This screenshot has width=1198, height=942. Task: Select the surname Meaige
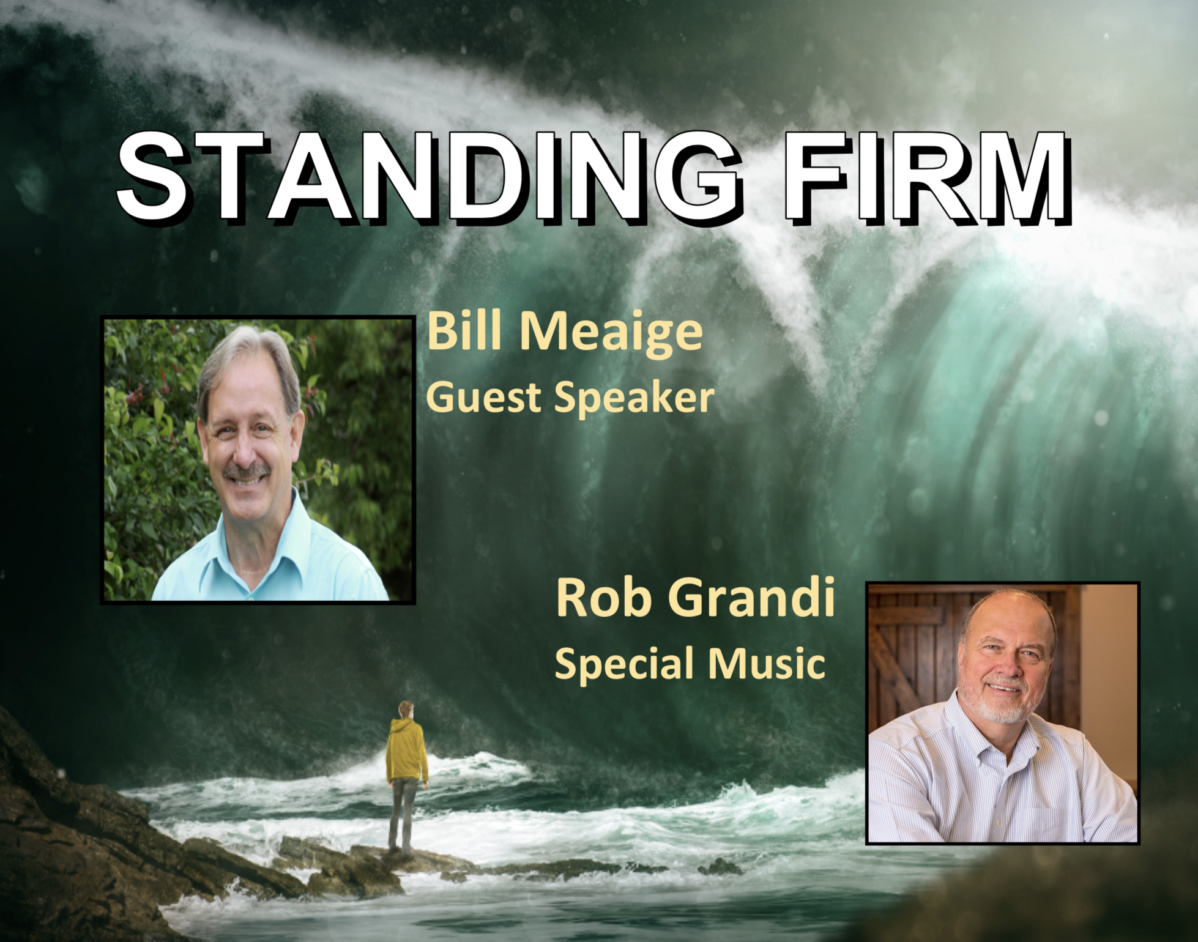coord(611,335)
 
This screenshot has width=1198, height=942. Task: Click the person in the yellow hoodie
coord(406,777)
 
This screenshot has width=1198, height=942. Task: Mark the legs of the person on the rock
coord(401,817)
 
